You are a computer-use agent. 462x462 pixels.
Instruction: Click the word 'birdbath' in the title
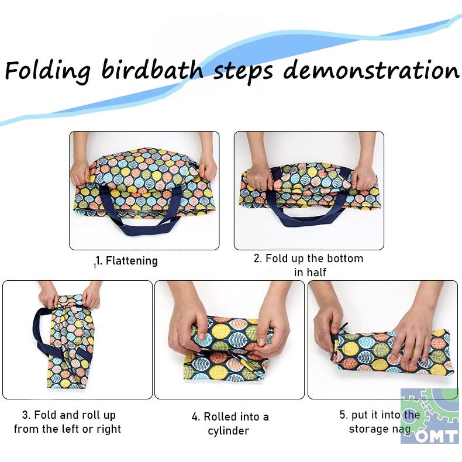[x=152, y=70]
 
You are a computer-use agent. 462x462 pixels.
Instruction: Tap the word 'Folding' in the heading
[x=48, y=71]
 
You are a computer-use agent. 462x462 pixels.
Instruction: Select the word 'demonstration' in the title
[x=371, y=70]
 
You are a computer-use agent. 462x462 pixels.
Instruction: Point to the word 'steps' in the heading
[x=243, y=72]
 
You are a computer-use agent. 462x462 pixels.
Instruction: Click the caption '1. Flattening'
[x=127, y=261]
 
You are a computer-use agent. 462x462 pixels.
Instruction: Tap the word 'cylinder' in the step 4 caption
[x=228, y=431]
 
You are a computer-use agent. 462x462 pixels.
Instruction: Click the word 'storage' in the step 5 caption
[x=368, y=429]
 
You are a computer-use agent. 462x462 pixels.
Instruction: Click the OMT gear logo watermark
[x=430, y=416]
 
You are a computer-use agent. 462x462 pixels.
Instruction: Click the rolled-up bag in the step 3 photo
[x=69, y=342]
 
